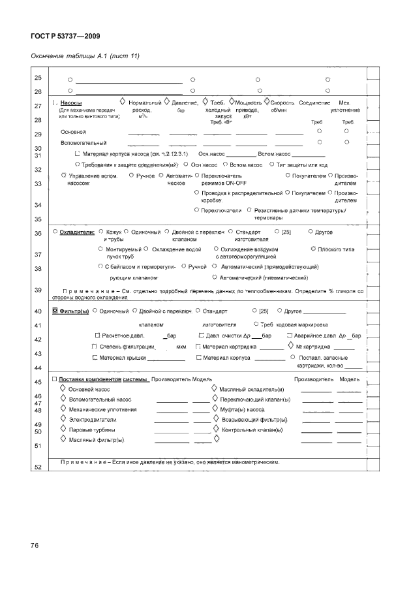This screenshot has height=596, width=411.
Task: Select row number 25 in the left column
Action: pos(38,79)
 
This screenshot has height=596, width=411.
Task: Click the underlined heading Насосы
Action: pos(71,103)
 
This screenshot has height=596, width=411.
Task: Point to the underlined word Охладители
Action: pos(77,232)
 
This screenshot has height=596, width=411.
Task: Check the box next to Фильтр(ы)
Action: pos(55,311)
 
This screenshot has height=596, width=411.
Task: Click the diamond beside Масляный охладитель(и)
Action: pos(215,388)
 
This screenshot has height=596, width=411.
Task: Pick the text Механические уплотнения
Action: pos(102,409)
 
